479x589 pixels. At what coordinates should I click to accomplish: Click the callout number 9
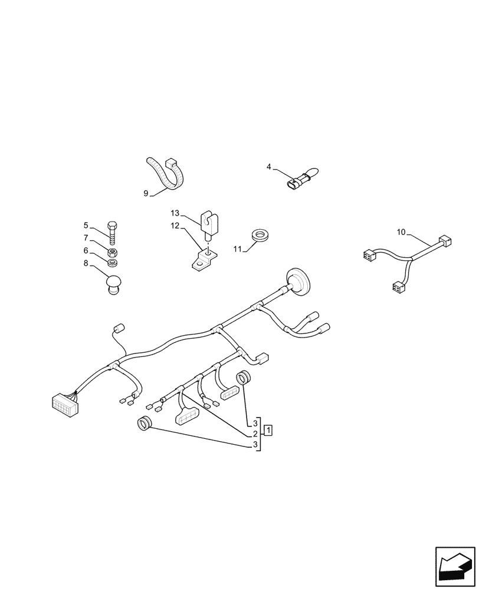146,193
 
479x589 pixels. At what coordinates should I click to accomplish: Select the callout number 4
269,167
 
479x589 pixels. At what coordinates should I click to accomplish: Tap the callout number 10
401,233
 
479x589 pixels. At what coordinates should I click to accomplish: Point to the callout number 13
175,212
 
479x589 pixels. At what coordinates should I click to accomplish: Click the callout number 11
238,250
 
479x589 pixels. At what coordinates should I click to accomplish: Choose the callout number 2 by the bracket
255,434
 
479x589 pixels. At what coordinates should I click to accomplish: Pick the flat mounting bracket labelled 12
204,260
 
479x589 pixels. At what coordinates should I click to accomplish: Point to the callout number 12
175,226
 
